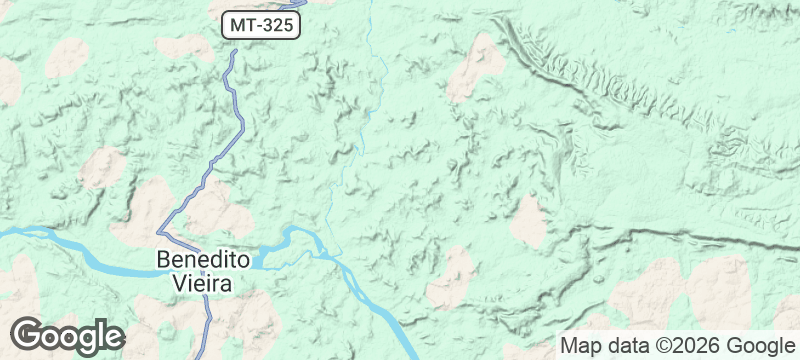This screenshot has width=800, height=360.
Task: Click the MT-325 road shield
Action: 260,26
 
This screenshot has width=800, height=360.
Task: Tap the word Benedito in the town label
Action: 203,260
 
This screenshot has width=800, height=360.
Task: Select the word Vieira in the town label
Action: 197,283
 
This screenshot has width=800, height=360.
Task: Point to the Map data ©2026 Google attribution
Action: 676,346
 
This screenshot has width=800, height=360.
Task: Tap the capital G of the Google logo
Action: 29,334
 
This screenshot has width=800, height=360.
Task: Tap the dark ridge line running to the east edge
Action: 700,238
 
